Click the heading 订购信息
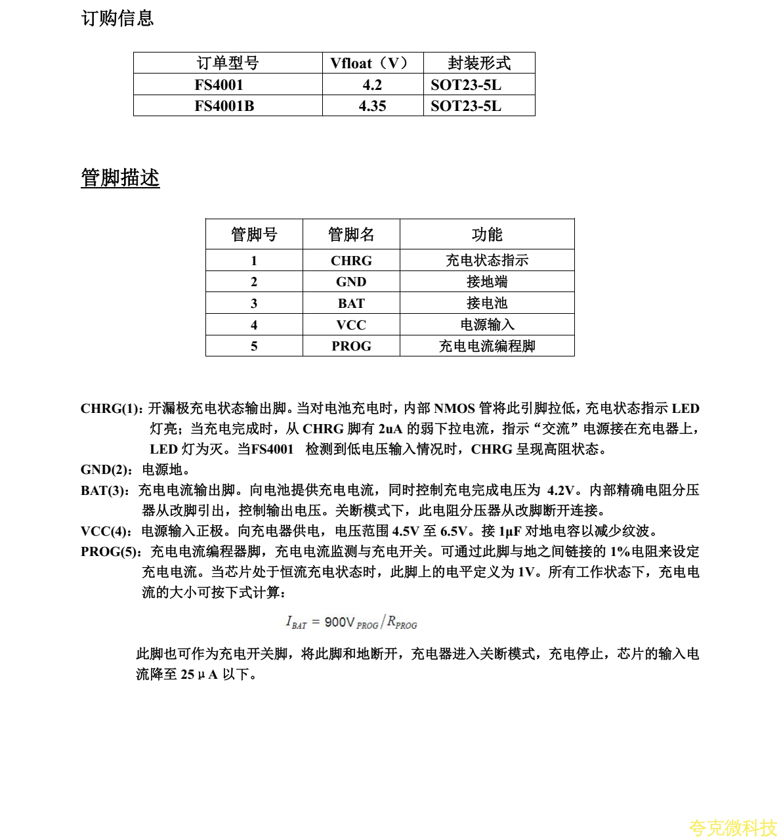117,18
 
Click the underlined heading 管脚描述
120,178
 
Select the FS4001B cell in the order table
224,106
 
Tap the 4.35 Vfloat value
372,106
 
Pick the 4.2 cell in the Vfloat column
372,85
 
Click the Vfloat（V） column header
372,63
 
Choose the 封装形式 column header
479,63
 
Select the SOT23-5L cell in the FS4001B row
466,106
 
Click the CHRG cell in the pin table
351,261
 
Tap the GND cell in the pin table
351,282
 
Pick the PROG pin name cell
351,346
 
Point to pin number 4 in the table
254,325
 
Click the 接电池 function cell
487,303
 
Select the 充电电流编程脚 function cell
487,346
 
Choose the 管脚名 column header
351,234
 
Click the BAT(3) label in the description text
104,490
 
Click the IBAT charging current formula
351,622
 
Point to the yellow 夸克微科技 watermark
732,827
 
